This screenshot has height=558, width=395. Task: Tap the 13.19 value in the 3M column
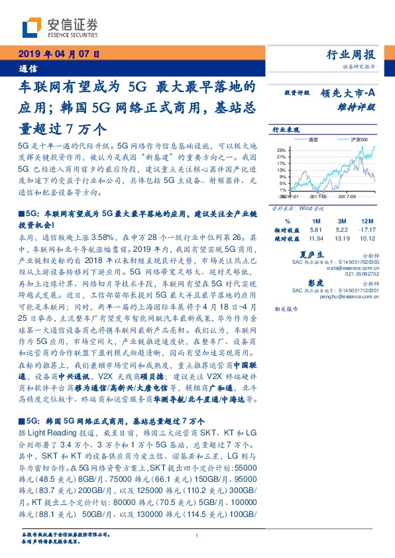pos(340,237)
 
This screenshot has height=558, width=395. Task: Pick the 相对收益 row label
pos(286,229)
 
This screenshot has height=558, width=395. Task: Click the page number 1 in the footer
pos(197,536)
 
